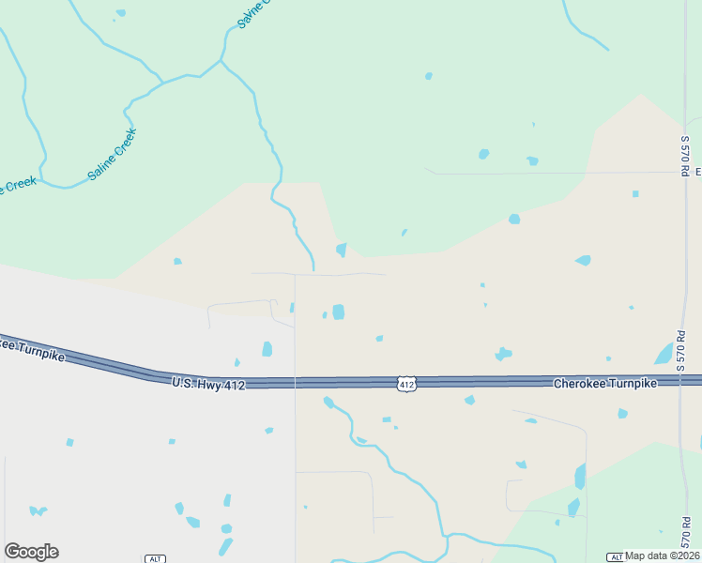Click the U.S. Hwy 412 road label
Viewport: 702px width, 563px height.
coord(208,383)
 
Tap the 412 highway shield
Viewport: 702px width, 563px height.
coord(405,384)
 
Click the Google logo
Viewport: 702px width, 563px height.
coord(31,552)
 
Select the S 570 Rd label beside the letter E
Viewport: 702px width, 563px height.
coord(685,156)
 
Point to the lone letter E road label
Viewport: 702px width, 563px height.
coord(697,172)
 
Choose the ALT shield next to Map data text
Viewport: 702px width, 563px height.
coord(616,557)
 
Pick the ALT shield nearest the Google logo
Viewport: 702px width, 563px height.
coord(155,558)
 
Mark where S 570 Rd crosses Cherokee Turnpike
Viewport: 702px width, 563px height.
coord(682,382)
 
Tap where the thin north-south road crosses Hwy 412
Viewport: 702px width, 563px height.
coord(295,382)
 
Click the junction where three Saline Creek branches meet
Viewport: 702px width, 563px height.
coord(221,61)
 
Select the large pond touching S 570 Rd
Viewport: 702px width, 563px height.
coord(665,354)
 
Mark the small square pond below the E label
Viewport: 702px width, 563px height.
coord(635,194)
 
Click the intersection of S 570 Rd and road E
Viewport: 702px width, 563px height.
coord(682,173)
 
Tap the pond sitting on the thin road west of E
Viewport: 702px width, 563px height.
coord(532,161)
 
